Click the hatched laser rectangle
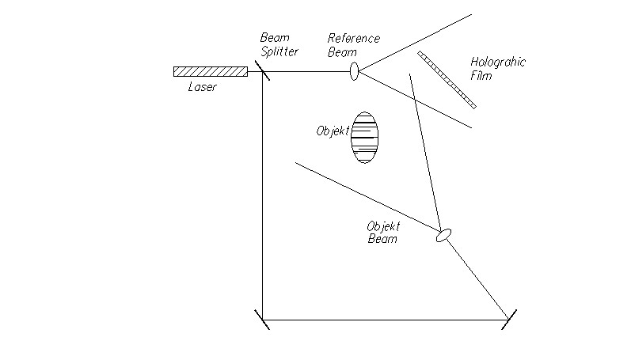210,72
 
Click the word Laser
202,87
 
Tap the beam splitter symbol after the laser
262,73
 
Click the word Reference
354,39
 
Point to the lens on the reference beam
354,72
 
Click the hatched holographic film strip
447,79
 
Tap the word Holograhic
498,62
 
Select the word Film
481,76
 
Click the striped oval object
365,138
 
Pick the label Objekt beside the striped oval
333,131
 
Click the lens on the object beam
444,234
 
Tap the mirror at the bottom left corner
262,320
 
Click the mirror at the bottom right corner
509,320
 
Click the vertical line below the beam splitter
262,198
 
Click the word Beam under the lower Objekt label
382,238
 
